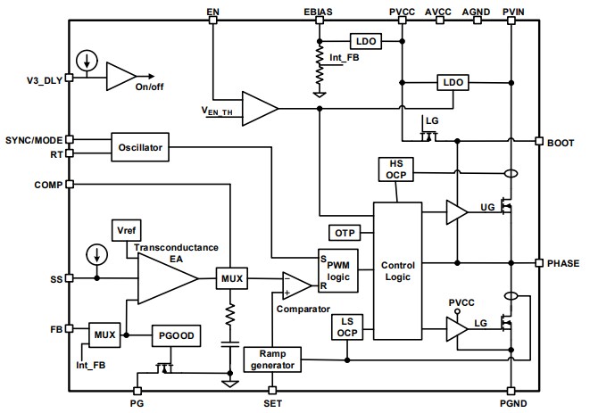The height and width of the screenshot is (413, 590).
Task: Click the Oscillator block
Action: (x=140, y=147)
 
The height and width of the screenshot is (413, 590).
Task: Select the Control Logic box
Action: (x=397, y=271)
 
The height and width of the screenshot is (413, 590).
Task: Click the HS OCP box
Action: (x=395, y=169)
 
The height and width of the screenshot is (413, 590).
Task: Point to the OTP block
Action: (x=345, y=232)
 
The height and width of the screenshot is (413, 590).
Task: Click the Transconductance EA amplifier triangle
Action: (x=165, y=279)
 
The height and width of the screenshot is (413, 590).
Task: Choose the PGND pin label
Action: (x=514, y=403)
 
